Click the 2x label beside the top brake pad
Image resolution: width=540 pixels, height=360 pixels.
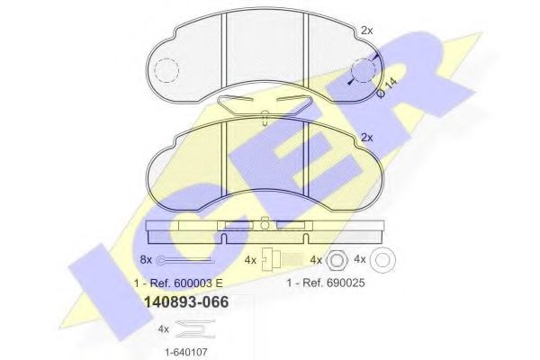[367, 30]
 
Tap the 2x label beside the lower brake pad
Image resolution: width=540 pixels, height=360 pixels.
[366, 137]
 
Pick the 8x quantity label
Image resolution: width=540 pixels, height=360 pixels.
[147, 261]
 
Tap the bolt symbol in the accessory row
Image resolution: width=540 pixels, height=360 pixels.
[272, 259]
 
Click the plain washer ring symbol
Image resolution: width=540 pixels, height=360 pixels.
[382, 259]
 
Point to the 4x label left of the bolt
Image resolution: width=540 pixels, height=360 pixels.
[250, 260]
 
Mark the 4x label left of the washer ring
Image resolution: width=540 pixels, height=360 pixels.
[361, 260]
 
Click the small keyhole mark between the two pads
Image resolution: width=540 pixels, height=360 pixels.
[263, 115]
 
